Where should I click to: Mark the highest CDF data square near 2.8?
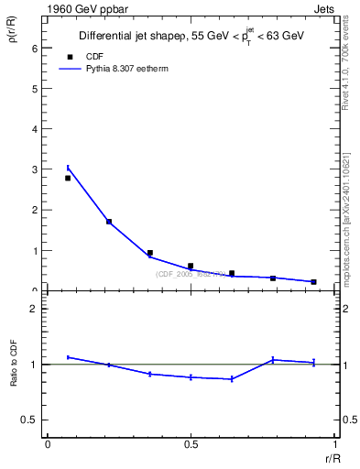pyautogui.click(x=68, y=178)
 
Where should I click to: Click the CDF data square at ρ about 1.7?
pyautogui.click(x=109, y=222)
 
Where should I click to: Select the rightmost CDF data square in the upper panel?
pyautogui.click(x=313, y=282)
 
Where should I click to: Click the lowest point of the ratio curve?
pyautogui.click(x=232, y=379)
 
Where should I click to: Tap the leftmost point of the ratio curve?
pyautogui.click(x=68, y=357)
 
